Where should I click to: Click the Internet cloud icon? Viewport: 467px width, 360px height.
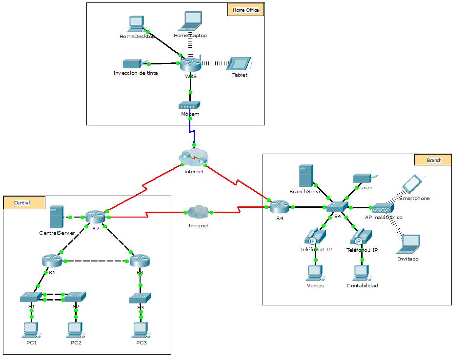(x=194, y=158)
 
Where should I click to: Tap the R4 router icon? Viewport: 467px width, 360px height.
(x=280, y=207)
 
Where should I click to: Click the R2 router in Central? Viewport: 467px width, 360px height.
(x=96, y=217)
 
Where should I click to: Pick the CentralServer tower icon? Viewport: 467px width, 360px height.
(x=57, y=217)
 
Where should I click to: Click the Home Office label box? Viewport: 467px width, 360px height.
(x=245, y=10)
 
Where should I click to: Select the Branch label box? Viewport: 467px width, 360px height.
(x=433, y=160)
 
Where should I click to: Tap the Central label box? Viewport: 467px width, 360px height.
(x=24, y=202)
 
